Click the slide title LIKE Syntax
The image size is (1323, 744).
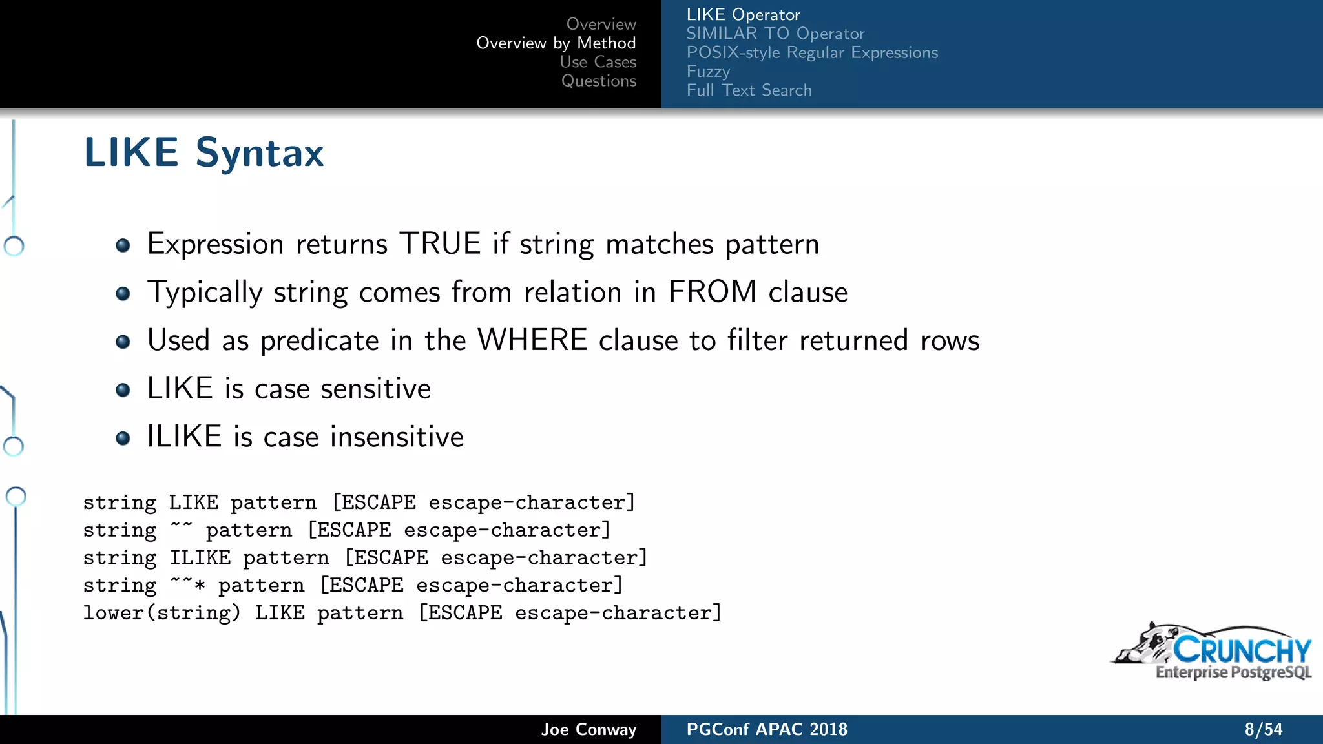(203, 153)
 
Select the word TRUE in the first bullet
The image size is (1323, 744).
(440, 244)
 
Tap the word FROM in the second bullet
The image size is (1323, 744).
(712, 292)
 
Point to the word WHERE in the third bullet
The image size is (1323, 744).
(532, 340)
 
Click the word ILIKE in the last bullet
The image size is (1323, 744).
(185, 437)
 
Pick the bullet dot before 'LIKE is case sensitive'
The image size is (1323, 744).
(123, 390)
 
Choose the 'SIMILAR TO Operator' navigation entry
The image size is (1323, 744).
(775, 34)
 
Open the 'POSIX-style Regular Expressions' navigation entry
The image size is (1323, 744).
(812, 52)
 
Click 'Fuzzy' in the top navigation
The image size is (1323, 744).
(708, 71)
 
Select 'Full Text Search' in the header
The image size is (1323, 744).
(749, 90)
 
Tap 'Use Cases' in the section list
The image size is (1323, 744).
(598, 62)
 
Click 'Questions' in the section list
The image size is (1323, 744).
(598, 81)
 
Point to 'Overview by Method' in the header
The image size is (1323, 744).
(556, 43)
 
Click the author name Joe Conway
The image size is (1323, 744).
(589, 730)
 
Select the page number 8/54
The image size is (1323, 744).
(1263, 730)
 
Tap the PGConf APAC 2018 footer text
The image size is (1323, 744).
(767, 730)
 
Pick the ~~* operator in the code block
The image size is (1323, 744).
(187, 584)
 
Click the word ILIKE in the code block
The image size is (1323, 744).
(200, 557)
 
